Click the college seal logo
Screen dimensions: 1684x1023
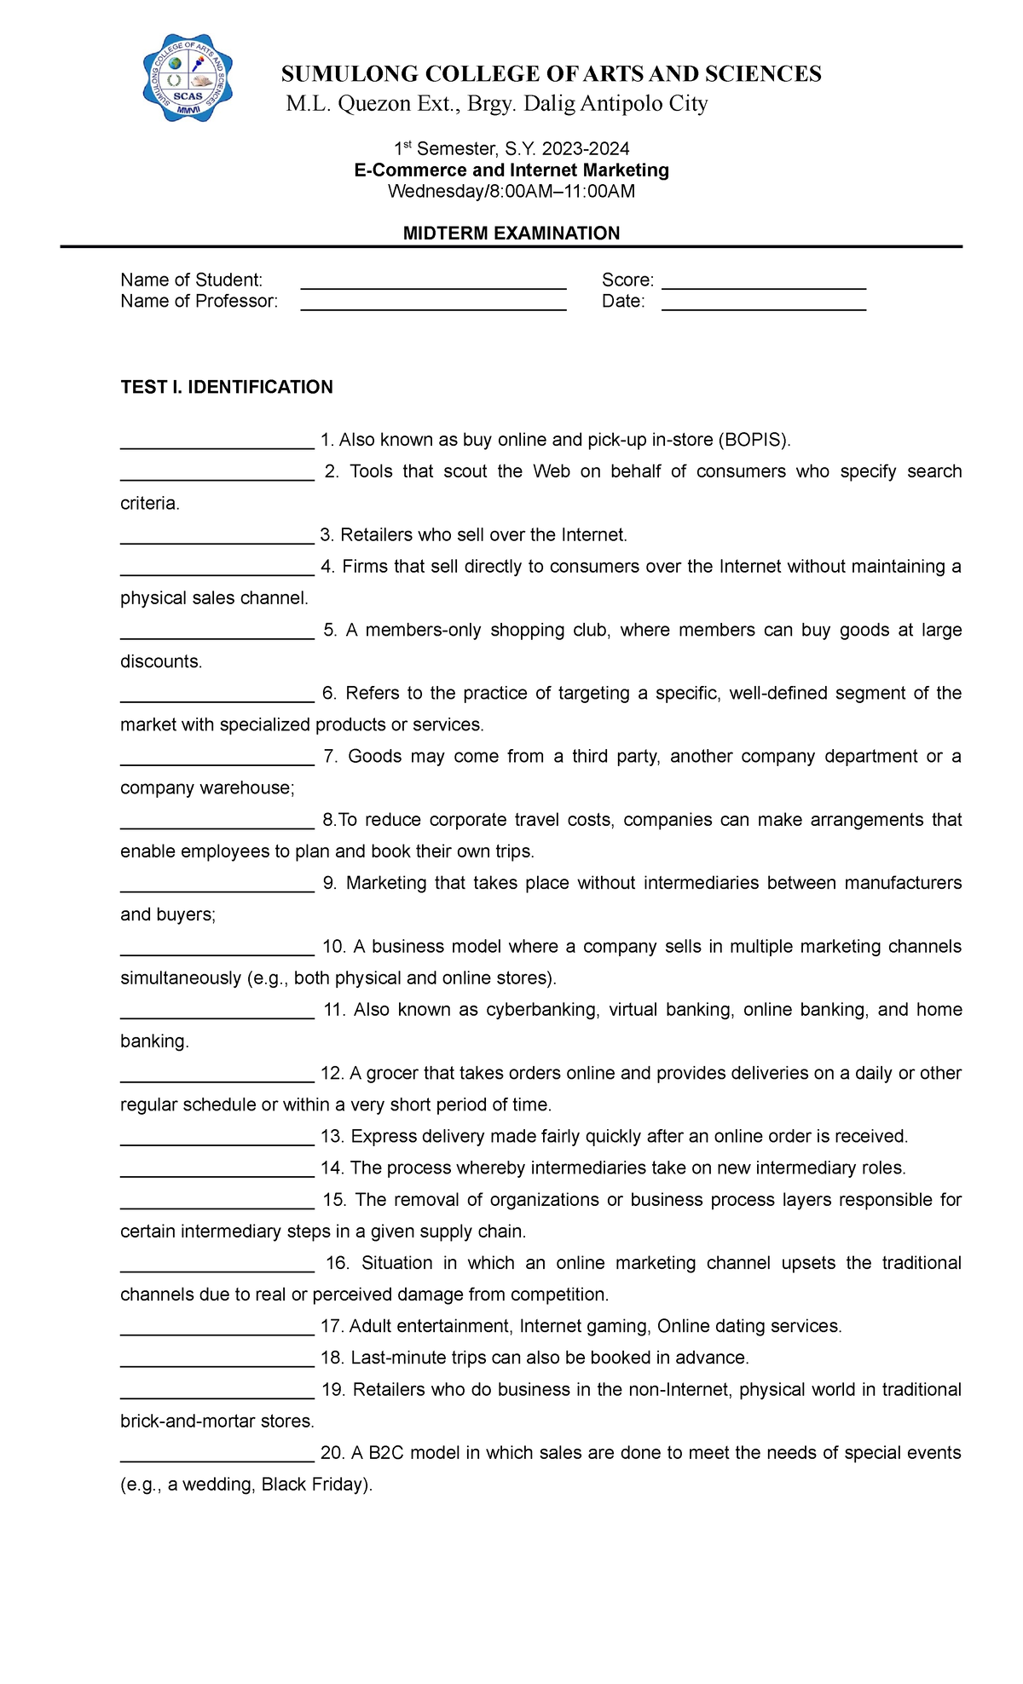188,78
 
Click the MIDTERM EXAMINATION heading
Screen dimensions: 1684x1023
511,233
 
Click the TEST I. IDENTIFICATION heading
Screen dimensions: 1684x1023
227,387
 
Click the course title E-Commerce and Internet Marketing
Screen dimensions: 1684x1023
511,170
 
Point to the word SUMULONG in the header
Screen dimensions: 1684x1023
350,74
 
